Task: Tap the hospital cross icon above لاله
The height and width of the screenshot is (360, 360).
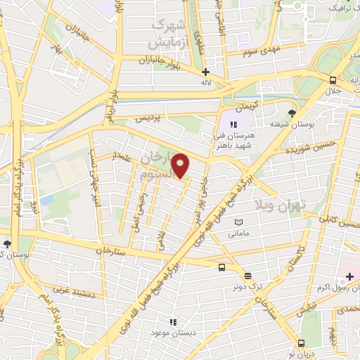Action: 205,72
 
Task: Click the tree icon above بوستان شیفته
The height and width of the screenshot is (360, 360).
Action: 292,113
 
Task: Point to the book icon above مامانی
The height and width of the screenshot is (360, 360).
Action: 239,221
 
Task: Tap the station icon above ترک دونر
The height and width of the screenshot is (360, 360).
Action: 247,276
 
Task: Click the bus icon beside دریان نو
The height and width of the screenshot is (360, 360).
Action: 301,344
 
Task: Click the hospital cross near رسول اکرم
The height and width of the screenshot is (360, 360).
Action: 349,276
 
